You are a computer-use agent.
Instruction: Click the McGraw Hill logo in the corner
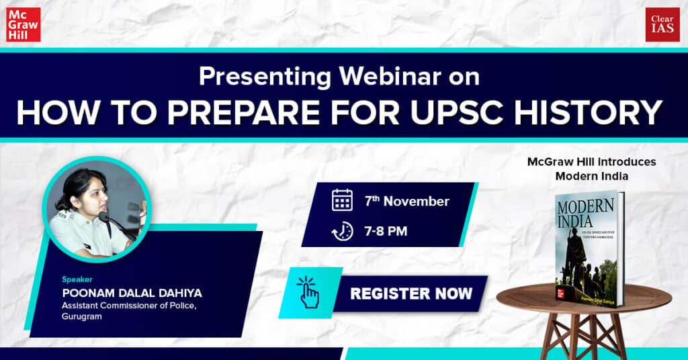coord(24,25)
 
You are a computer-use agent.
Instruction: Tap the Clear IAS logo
coord(662,25)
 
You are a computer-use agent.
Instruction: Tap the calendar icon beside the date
coord(342,200)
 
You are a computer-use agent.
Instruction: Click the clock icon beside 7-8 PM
coord(342,232)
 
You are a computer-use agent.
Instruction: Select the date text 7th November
coord(407,201)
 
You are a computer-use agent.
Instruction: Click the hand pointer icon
coord(308,293)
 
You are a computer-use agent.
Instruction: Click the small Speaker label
coord(77,279)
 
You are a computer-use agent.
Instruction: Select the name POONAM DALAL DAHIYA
coord(132,293)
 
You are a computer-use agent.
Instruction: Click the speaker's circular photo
coord(96,208)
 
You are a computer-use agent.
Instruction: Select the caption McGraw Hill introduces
coord(591,162)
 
